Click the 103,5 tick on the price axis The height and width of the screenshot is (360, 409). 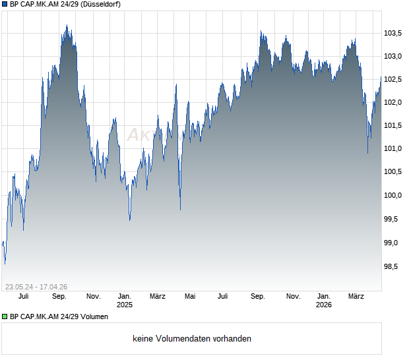[393, 33]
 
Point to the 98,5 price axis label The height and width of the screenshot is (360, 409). [393, 266]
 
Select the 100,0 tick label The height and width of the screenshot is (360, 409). [393, 195]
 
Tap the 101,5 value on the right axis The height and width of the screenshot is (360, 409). [393, 125]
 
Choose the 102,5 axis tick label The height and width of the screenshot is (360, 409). [393, 79]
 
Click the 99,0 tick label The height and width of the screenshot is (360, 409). [393, 243]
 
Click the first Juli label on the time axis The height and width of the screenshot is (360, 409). [24, 297]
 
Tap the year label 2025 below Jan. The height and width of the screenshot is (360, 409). [125, 305]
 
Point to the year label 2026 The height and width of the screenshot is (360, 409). [323, 305]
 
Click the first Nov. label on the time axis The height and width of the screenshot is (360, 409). [93, 297]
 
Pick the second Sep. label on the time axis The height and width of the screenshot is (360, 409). [258, 297]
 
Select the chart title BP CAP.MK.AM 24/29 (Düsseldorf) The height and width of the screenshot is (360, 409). [65, 4]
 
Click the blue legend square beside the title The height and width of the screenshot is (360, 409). [5, 4]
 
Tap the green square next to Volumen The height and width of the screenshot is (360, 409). [5, 316]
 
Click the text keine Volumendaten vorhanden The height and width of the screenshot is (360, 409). [192, 339]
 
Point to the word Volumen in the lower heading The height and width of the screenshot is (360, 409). [93, 316]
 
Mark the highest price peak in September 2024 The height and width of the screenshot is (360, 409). [67, 26]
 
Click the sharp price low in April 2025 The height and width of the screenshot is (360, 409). [180, 210]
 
